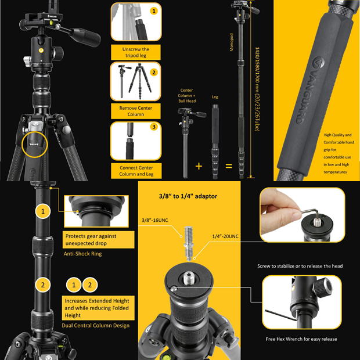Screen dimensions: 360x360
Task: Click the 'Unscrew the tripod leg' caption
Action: (136, 52)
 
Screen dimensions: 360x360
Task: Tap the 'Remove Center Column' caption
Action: (136, 111)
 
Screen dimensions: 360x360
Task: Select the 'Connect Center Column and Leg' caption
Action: (136, 171)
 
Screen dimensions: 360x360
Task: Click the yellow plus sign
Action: (199, 166)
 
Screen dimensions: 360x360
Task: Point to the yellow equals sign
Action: (229, 166)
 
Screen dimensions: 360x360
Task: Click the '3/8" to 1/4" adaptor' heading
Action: (188, 196)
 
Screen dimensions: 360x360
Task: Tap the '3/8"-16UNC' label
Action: (155, 220)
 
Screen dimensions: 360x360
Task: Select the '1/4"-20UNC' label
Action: (225, 236)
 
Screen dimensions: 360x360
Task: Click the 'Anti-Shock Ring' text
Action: (82, 254)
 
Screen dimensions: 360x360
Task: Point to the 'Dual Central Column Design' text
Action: (95, 325)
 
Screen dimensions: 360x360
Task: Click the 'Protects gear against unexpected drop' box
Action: (99, 240)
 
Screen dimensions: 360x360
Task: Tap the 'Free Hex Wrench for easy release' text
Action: (301, 339)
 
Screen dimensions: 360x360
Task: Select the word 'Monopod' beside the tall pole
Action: (232, 42)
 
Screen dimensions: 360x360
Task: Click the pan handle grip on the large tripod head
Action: (85, 37)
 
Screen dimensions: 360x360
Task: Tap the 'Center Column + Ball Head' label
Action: (186, 95)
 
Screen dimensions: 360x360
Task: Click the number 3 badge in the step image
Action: (154, 127)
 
